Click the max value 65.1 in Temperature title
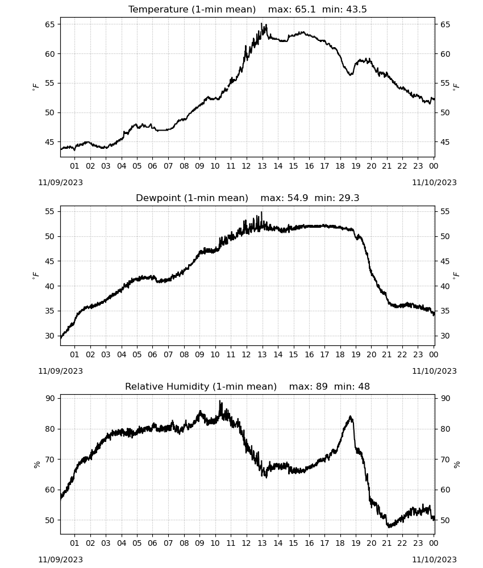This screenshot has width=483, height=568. point(305,10)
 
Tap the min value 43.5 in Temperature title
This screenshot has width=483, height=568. point(356,10)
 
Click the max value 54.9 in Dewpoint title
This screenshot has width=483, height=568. point(298,198)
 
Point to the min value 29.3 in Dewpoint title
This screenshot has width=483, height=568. point(349,198)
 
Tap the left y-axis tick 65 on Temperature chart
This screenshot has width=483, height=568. point(50,24)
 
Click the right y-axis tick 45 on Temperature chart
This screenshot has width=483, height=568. point(445,142)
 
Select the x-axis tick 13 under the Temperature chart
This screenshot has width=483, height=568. point(262,166)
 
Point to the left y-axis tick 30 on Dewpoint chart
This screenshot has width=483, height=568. point(50,336)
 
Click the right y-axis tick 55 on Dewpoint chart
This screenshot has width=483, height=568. point(445,211)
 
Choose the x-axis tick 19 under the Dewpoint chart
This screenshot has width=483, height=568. point(356,354)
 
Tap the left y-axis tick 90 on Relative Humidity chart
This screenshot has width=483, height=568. point(50,399)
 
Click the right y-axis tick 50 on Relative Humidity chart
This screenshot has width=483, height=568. point(445,520)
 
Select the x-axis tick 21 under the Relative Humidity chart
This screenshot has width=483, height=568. point(387,544)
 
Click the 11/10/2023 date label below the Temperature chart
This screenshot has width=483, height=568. point(434,182)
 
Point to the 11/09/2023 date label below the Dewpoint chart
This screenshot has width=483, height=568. point(60,371)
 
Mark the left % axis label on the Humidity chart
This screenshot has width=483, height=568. point(37,465)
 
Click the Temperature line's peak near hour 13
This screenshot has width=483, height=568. point(261,23)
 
